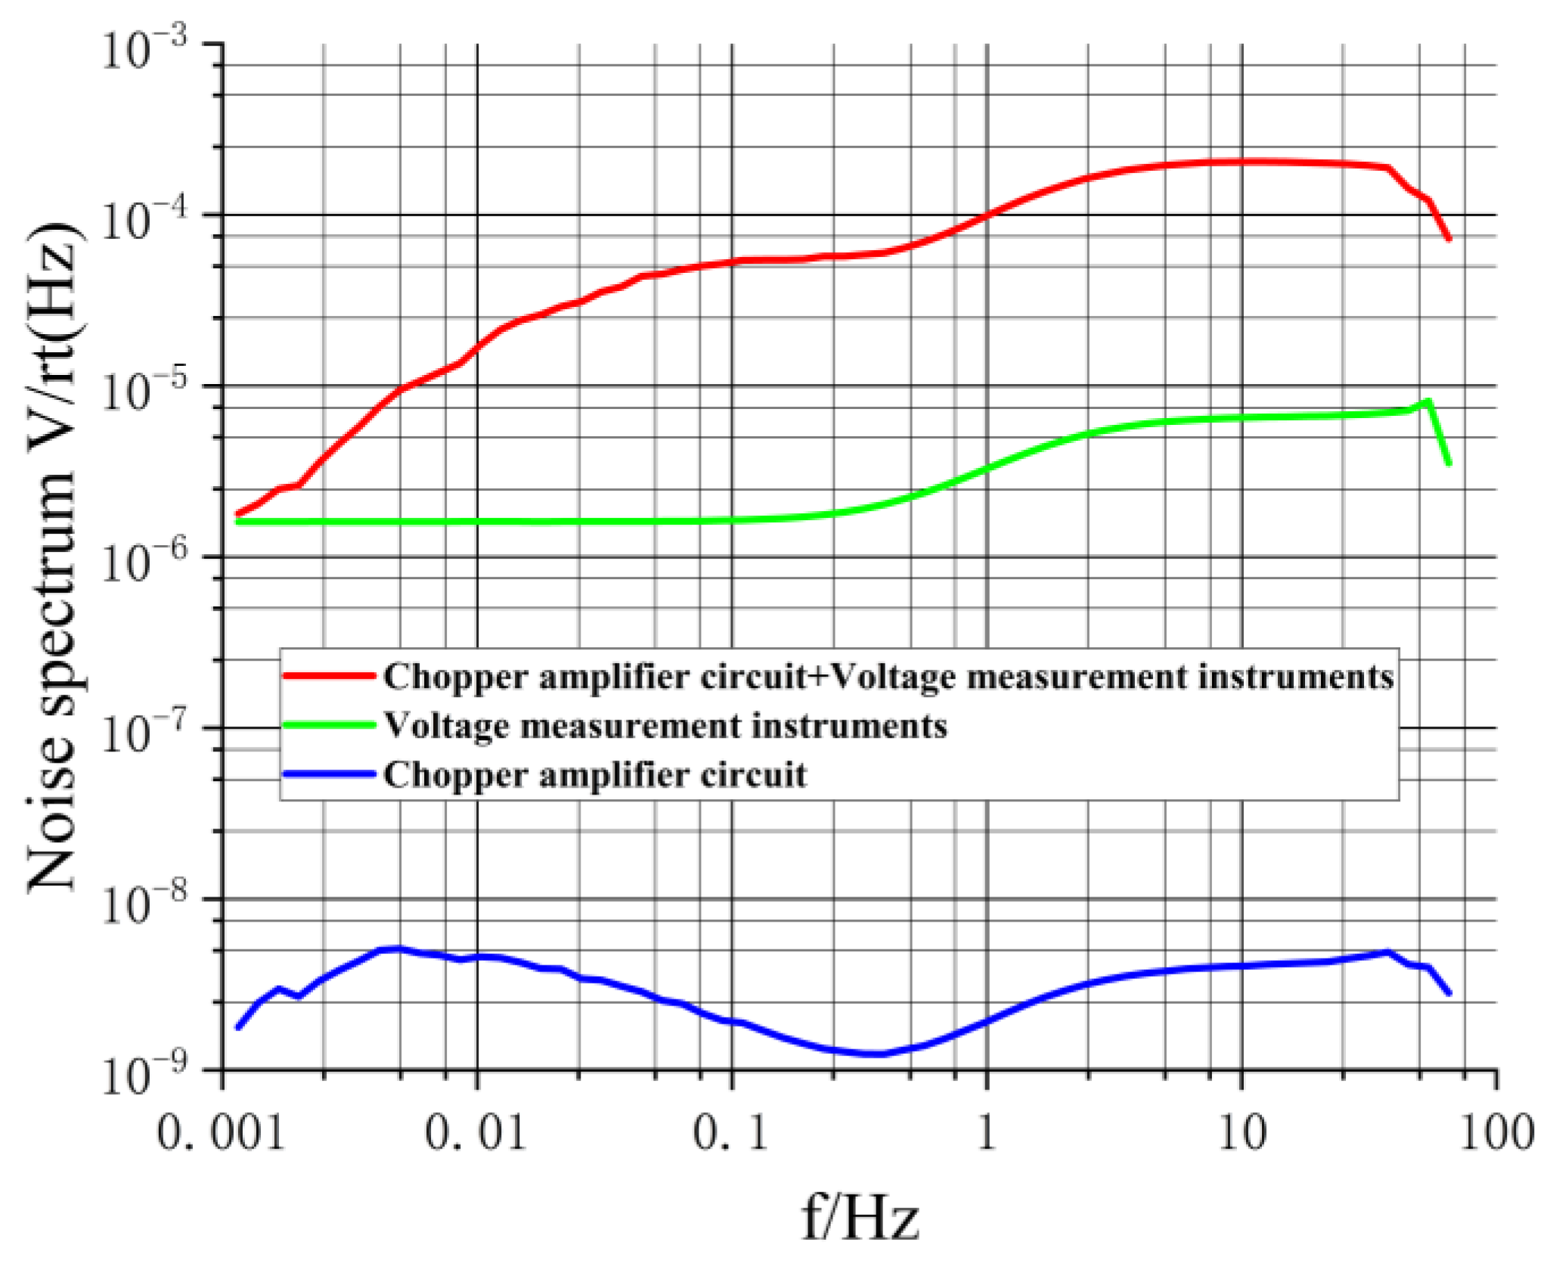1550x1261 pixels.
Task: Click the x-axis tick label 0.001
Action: (221, 1133)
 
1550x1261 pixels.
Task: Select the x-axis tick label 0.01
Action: (476, 1133)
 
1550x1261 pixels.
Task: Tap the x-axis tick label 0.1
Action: (730, 1133)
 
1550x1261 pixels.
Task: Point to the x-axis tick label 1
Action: (985, 1133)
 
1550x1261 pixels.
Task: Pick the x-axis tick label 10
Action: (1241, 1133)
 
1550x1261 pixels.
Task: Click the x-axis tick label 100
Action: (1496, 1133)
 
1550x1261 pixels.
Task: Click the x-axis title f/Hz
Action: (860, 1218)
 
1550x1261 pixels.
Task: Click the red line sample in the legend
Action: (329, 675)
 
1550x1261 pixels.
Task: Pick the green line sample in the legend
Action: (329, 725)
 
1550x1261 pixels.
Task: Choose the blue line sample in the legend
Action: (329, 773)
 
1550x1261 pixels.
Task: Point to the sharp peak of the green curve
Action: (1428, 401)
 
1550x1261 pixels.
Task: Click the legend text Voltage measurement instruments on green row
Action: (665, 726)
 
